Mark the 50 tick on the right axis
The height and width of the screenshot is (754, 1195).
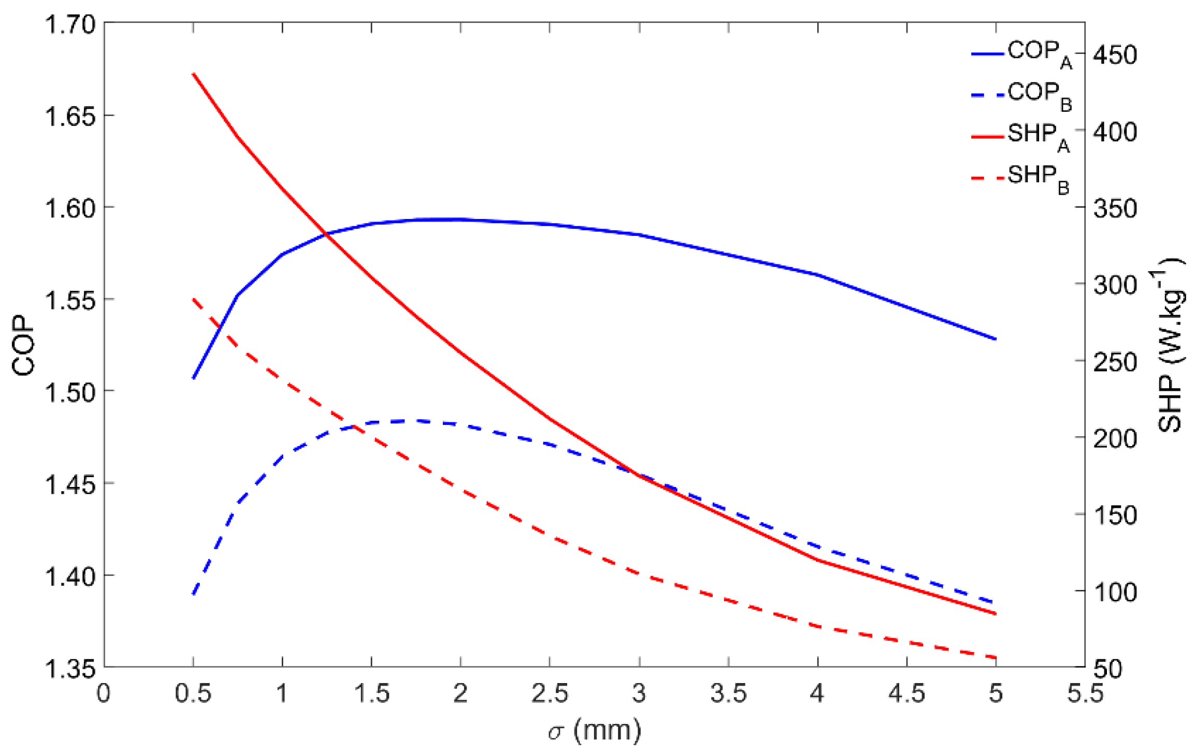point(1114,669)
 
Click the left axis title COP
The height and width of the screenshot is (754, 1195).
point(23,345)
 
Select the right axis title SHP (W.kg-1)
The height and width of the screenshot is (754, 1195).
point(1170,345)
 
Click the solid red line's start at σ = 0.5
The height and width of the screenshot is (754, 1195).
point(193,74)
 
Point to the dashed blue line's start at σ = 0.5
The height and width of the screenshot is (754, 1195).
point(193,594)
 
